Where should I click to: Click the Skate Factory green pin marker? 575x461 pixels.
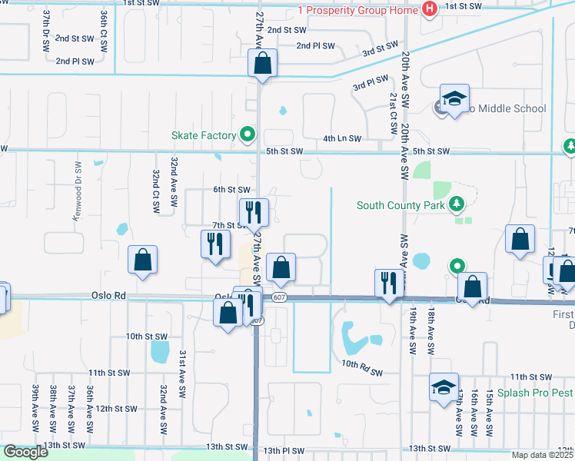pos(248,136)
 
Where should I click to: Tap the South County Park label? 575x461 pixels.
pos(400,205)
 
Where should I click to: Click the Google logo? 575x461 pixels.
pos(25,452)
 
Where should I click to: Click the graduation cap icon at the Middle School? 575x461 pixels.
pos(454,99)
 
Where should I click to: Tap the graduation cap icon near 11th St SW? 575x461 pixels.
pos(444,388)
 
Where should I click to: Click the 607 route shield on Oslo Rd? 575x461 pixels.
pos(278,297)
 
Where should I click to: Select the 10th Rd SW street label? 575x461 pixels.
pos(362,367)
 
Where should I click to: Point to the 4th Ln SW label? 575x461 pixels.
pos(342,138)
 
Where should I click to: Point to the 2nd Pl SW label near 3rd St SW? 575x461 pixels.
pos(316,46)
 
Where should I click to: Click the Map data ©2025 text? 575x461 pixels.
pos(543,455)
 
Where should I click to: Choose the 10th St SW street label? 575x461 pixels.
pos(146,336)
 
